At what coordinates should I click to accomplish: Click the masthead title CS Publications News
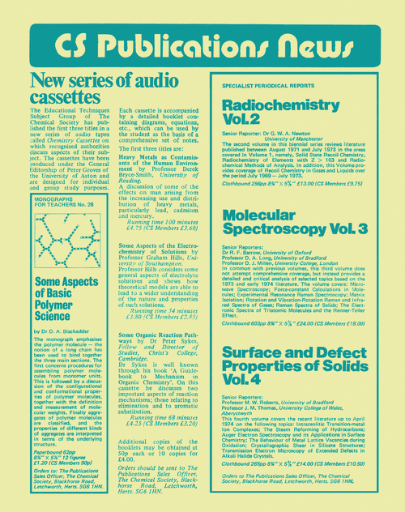(202, 41)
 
